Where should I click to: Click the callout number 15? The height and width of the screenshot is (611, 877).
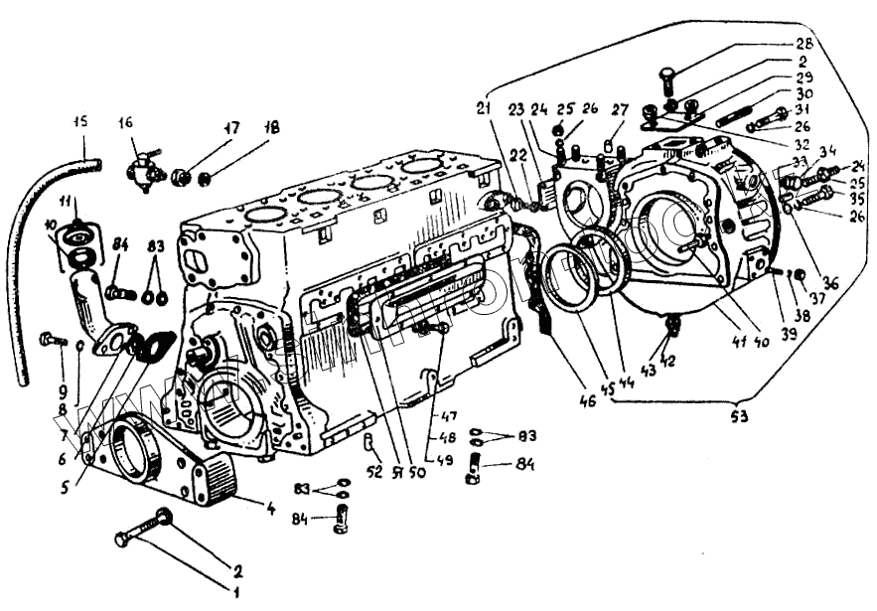point(80,123)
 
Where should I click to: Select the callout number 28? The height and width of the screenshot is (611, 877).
point(803,44)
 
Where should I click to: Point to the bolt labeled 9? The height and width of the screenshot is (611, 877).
point(53,340)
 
